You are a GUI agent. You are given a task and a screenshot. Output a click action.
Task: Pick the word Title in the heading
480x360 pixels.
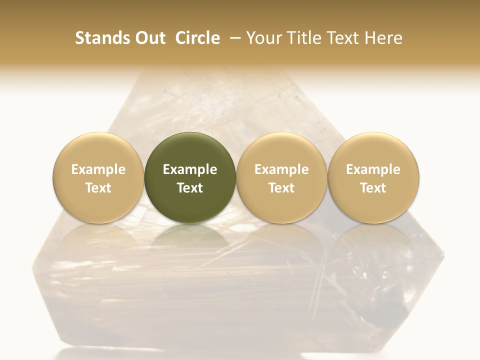(303, 38)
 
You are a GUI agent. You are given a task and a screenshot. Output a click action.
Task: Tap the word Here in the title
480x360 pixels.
(384, 38)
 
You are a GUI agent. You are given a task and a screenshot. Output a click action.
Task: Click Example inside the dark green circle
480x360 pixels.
(190, 169)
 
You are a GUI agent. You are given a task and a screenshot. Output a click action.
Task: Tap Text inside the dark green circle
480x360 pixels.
(190, 188)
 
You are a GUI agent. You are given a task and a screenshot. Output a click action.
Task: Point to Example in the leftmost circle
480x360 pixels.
(98, 169)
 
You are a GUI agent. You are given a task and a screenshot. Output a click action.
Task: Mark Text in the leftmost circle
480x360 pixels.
(98, 188)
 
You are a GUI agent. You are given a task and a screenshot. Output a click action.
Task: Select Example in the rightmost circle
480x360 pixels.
(373, 169)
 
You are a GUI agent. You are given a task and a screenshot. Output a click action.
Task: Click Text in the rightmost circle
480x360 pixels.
(373, 188)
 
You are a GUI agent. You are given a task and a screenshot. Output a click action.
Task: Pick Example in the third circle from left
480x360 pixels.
(281, 169)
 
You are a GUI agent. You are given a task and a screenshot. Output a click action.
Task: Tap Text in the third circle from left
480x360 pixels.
(281, 188)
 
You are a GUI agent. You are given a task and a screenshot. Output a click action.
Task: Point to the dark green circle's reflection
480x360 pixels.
(190, 240)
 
